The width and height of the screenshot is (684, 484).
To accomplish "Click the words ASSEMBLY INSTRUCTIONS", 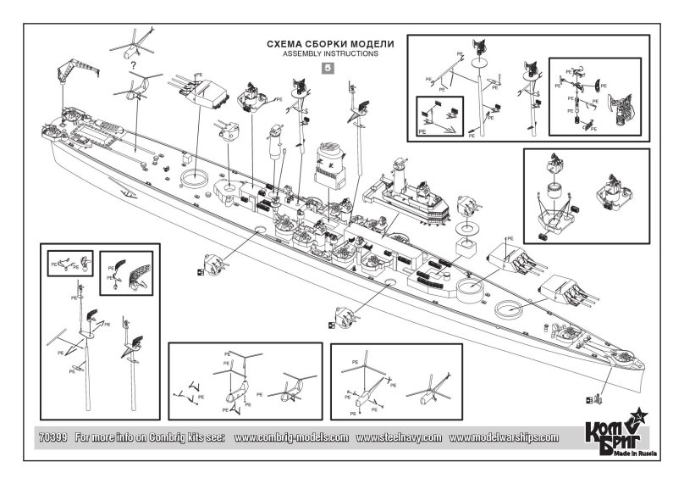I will click(x=328, y=53).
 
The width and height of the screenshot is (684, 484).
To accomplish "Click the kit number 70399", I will click(x=53, y=438).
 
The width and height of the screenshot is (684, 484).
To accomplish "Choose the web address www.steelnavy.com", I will click(x=399, y=438).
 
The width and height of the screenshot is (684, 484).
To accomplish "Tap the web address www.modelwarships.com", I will click(x=505, y=438).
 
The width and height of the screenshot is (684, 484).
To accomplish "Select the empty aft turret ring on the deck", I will click(x=195, y=178).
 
